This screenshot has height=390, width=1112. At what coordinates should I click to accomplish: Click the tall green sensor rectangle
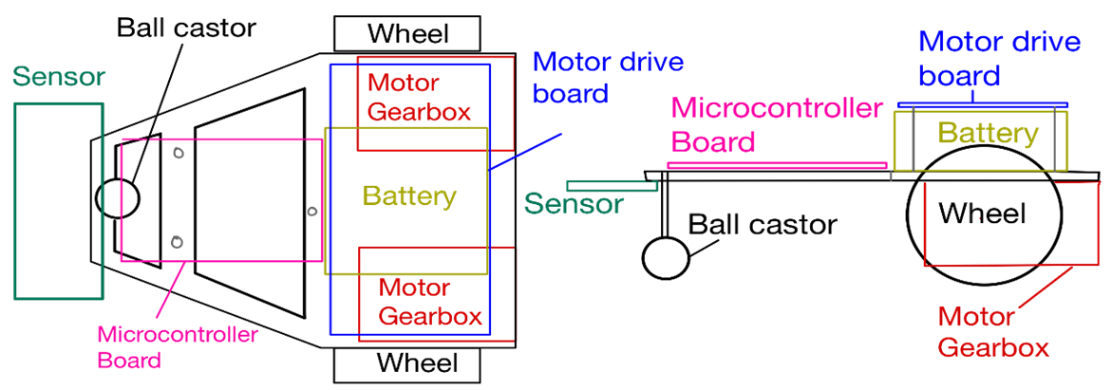click(58, 202)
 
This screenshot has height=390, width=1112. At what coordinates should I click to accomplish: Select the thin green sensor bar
click(612, 186)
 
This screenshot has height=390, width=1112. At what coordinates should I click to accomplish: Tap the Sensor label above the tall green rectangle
click(60, 77)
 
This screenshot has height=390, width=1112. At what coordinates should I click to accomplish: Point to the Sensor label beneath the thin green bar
click(575, 204)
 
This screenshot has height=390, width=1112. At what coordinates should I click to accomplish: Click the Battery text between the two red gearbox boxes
click(409, 196)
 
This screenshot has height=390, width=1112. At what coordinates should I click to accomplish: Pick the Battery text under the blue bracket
click(987, 133)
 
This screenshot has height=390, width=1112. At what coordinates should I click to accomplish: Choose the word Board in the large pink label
click(713, 142)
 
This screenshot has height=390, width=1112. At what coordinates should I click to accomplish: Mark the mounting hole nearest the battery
click(312, 211)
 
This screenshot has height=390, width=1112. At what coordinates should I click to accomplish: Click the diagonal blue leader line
click(525, 152)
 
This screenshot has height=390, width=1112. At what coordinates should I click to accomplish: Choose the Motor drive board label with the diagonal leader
click(608, 78)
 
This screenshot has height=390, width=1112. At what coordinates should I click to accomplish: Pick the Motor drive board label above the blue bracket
click(999, 58)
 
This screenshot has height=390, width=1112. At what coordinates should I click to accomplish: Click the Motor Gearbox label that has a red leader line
click(993, 332)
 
